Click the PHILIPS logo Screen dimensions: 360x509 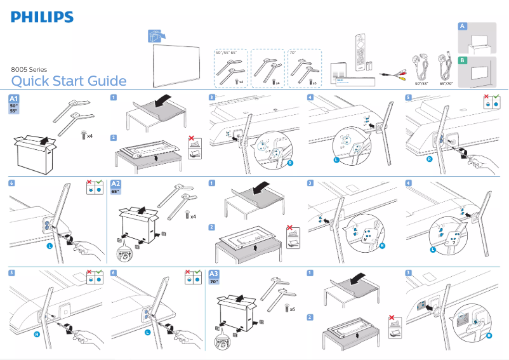point(42,17)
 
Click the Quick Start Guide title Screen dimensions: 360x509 point(69,81)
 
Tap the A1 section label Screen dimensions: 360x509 point(15,99)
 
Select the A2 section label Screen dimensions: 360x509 point(117,183)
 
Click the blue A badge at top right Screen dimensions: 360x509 point(463,26)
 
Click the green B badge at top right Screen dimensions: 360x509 point(463,60)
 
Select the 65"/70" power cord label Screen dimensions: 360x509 point(450,83)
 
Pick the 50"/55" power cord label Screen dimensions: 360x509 point(421,83)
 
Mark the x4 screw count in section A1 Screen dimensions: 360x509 point(89,136)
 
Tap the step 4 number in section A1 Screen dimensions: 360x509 point(310,97)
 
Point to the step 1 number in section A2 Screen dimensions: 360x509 point(212,183)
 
